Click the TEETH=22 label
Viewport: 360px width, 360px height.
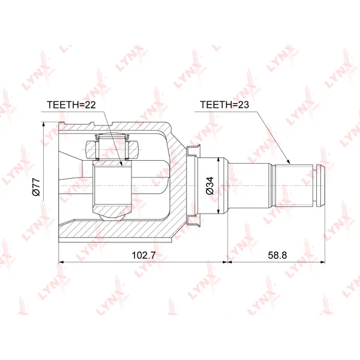(71, 104)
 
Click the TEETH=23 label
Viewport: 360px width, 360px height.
(224, 104)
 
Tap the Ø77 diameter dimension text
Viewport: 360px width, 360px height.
(36, 187)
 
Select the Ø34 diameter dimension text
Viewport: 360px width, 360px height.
(210, 186)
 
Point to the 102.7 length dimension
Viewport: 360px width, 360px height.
(143, 255)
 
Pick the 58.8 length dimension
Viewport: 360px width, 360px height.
(277, 255)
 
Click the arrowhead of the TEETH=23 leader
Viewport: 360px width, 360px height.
(288, 161)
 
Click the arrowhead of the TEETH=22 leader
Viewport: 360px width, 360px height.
(121, 163)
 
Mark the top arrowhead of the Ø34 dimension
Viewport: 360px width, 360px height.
(219, 160)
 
